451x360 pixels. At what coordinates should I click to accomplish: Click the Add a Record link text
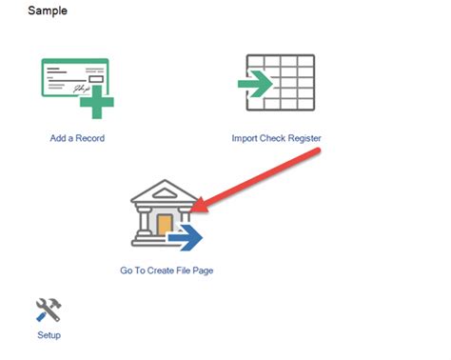[x=77, y=138]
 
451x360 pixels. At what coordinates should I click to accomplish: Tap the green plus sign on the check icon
[x=101, y=103]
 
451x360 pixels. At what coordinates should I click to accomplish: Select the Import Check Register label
[x=276, y=138]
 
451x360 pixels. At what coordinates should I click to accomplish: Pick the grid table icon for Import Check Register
[x=282, y=84]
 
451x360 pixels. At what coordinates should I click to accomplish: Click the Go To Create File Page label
[x=167, y=270]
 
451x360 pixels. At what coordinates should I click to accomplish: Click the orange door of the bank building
[x=165, y=225]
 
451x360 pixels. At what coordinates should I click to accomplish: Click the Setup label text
[x=49, y=335]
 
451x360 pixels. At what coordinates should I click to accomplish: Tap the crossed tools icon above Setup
[x=49, y=310]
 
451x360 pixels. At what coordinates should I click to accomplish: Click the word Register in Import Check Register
[x=302, y=138]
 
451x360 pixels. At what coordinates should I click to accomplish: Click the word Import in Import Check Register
[x=245, y=138]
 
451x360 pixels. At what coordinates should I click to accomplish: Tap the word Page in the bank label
[x=203, y=270]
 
